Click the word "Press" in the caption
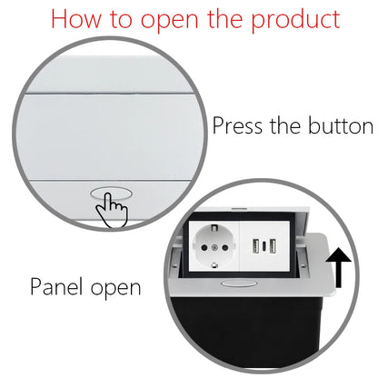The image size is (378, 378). (241, 125)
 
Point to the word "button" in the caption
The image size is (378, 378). (337, 125)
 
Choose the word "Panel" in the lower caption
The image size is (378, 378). (57, 288)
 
